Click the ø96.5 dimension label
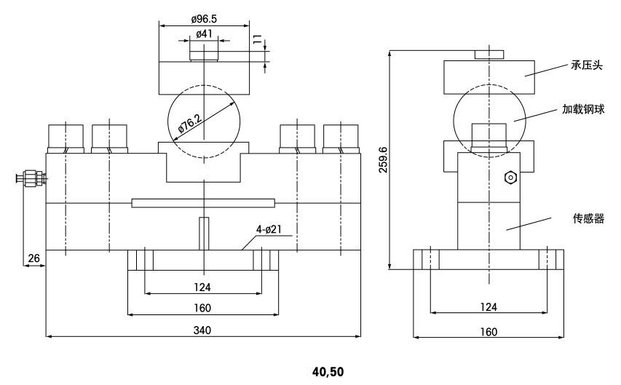click(x=204, y=19)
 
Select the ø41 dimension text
click(x=205, y=33)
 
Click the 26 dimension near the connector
click(x=34, y=258)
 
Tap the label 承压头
click(x=588, y=66)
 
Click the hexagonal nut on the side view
click(x=510, y=177)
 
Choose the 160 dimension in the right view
click(x=489, y=332)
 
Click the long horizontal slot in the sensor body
click(x=204, y=202)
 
